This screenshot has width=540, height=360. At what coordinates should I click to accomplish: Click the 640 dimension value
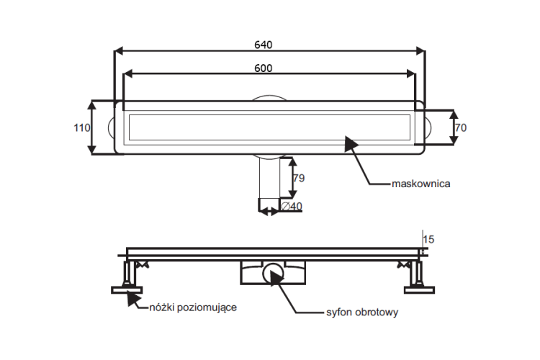pyautogui.click(x=263, y=45)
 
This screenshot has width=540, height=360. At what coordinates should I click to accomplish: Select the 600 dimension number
pyautogui.click(x=263, y=68)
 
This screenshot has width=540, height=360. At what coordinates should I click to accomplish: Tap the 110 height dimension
pyautogui.click(x=82, y=128)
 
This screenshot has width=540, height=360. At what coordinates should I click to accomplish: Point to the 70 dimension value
pyautogui.click(x=461, y=128)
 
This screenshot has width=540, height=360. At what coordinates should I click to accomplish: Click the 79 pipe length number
pyautogui.click(x=299, y=178)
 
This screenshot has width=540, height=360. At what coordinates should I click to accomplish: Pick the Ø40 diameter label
pyautogui.click(x=292, y=207)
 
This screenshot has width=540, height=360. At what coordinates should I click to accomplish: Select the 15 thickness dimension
pyautogui.click(x=428, y=239)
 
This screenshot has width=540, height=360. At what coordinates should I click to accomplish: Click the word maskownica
pyautogui.click(x=421, y=184)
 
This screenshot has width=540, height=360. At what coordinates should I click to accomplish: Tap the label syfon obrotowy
pyautogui.click(x=362, y=312)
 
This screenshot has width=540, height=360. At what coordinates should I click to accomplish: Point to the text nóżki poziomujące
pyautogui.click(x=193, y=307)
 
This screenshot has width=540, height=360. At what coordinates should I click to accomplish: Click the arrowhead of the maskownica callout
pyautogui.click(x=351, y=143)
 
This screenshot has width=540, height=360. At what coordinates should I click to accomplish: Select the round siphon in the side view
pyautogui.click(x=274, y=273)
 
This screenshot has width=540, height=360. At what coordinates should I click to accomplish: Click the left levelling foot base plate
pyautogui.click(x=127, y=290)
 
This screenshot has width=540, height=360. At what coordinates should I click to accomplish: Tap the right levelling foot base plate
pyautogui.click(x=419, y=290)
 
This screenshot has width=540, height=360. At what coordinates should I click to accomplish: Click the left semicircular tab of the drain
pyautogui.click(x=111, y=127)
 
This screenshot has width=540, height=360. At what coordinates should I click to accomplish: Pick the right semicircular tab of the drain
pyautogui.click(x=428, y=127)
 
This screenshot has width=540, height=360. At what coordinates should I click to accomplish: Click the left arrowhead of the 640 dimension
pyautogui.click(x=119, y=51)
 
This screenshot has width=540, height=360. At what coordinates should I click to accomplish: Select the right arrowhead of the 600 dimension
pyautogui.click(x=411, y=73)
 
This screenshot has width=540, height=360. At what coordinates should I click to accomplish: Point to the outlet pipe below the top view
pyautogui.click(x=269, y=182)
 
